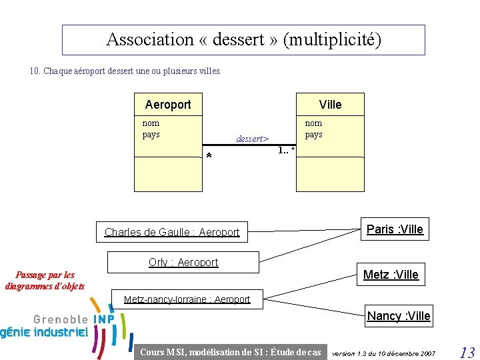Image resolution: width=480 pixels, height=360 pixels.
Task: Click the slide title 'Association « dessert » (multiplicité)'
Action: (x=243, y=40)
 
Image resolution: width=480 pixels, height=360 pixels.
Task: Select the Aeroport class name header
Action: (x=168, y=105)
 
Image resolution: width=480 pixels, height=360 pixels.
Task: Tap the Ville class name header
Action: (x=330, y=105)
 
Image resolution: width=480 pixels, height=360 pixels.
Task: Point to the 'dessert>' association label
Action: (x=252, y=139)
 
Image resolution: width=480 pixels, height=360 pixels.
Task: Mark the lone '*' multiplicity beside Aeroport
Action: (x=209, y=157)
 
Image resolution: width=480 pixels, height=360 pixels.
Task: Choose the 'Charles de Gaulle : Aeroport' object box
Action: (x=172, y=233)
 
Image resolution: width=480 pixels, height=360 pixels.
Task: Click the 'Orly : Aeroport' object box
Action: (x=183, y=263)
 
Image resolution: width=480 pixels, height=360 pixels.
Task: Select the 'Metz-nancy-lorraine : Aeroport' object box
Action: (x=187, y=299)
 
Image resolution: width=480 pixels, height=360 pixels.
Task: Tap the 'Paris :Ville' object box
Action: (x=395, y=229)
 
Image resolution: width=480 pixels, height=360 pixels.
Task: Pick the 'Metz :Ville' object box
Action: (x=391, y=275)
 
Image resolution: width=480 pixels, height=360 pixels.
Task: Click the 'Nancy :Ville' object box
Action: (x=399, y=316)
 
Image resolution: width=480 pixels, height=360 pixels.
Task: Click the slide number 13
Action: (x=467, y=353)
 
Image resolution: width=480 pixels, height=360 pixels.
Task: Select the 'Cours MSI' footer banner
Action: (x=231, y=352)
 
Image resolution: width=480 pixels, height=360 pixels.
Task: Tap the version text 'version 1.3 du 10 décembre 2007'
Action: (x=383, y=353)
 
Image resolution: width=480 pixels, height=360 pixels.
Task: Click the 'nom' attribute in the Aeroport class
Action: (x=151, y=123)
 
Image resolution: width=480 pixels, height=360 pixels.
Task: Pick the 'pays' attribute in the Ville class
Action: (x=313, y=134)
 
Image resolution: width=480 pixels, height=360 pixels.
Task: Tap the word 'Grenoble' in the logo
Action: (x=61, y=319)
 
